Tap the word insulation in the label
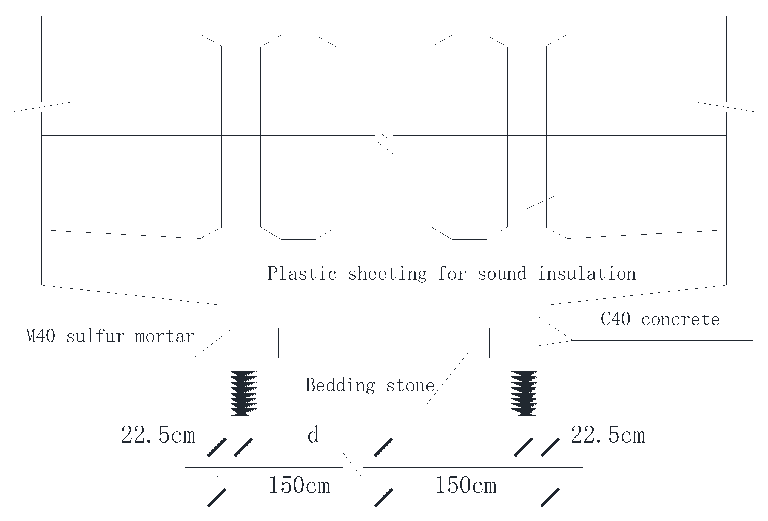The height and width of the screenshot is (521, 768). [x=587, y=274]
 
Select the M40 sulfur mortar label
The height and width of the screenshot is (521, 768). [x=110, y=336]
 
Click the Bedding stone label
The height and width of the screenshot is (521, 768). [x=370, y=385]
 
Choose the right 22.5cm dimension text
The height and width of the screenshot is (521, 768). [x=608, y=435]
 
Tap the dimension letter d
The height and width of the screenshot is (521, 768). [x=313, y=435]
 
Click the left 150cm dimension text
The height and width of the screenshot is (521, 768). [x=299, y=486]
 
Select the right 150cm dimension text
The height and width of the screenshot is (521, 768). [x=466, y=486]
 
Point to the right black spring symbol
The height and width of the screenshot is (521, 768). [x=524, y=393]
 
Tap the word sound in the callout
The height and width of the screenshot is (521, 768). [x=502, y=274]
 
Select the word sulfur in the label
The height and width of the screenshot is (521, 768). [x=95, y=336]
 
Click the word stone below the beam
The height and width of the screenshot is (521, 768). [x=410, y=386]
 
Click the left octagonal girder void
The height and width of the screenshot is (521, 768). [x=298, y=137]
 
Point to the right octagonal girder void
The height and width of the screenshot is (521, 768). [x=469, y=137]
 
